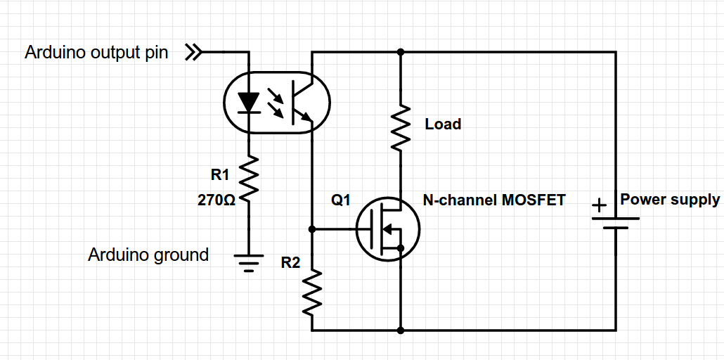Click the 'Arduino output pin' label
[96, 53]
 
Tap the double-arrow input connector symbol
[193, 52]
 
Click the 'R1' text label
[220, 175]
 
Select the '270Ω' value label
[216, 200]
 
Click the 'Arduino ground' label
[148, 255]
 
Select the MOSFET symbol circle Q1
[387, 229]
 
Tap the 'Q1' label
[341, 200]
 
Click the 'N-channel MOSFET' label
[494, 200]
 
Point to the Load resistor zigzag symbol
[400, 127]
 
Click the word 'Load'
[443, 124]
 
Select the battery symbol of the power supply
[616, 222]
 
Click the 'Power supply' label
[670, 200]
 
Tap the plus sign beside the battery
[598, 206]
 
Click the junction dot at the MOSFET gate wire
[312, 229]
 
